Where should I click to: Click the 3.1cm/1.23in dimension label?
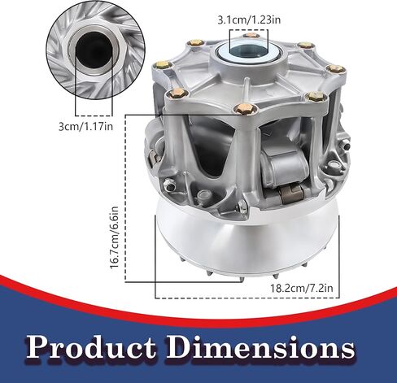(x=249, y=20)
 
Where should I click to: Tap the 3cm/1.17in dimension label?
(x=85, y=126)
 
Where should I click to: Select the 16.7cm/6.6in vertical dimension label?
(x=114, y=237)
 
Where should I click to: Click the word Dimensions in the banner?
(x=260, y=347)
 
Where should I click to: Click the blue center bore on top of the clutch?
(x=249, y=50)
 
